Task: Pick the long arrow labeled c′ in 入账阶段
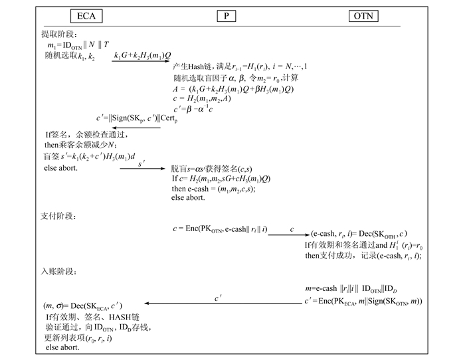point(217,303)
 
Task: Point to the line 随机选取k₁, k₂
point(66,56)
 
